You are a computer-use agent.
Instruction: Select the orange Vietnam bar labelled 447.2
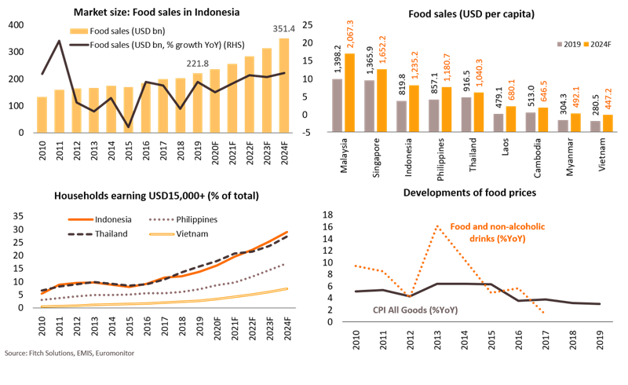pos(608,122)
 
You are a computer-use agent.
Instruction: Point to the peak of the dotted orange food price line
pos(436,226)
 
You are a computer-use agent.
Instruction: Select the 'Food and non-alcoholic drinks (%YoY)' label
pos(498,233)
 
